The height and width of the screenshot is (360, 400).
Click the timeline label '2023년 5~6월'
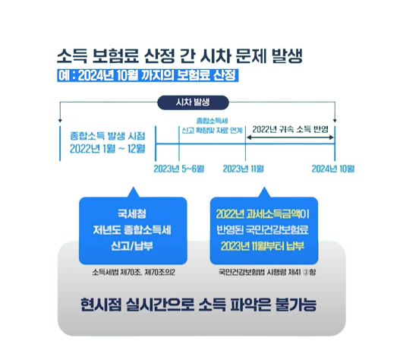click(178, 167)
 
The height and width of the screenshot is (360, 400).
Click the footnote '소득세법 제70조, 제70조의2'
click(132, 270)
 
